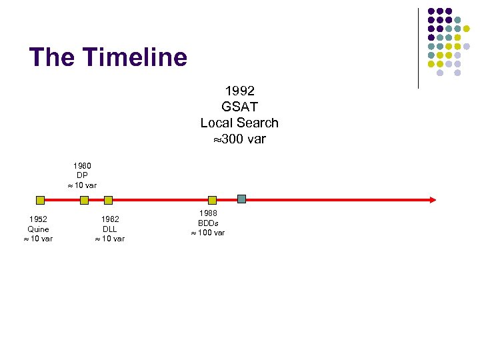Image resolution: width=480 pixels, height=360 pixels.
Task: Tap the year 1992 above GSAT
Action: (239, 90)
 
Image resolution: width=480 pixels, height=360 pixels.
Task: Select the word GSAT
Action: (239, 106)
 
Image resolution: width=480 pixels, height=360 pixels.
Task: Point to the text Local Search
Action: (239, 123)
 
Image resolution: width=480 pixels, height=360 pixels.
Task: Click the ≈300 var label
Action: (239, 139)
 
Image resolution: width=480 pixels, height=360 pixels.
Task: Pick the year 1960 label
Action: (83, 165)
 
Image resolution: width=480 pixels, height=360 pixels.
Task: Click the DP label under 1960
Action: (83, 175)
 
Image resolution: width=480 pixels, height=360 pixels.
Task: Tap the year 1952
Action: (38, 219)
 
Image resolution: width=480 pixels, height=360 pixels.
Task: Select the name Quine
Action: (38, 229)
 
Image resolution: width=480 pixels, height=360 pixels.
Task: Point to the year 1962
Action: (110, 219)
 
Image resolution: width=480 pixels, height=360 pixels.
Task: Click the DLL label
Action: (110, 229)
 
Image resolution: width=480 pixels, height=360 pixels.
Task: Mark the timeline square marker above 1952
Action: (40, 199)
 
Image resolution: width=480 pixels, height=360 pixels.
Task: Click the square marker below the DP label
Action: (84, 199)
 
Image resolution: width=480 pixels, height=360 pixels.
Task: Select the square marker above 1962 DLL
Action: (108, 199)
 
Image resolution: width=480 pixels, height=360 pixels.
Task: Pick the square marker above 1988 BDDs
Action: (212, 199)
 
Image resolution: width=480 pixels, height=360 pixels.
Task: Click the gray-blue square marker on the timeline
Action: (241, 199)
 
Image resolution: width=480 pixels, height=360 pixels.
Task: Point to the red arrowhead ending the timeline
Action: (433, 199)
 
